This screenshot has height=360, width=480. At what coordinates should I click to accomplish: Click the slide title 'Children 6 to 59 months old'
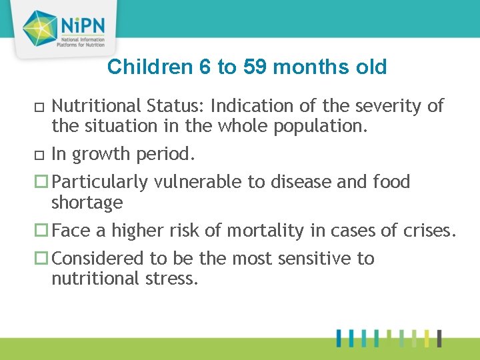pyautogui.click(x=247, y=67)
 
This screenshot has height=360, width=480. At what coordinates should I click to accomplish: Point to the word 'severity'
pyautogui.click(x=385, y=105)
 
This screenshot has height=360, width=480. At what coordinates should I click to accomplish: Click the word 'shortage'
pyautogui.click(x=87, y=202)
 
